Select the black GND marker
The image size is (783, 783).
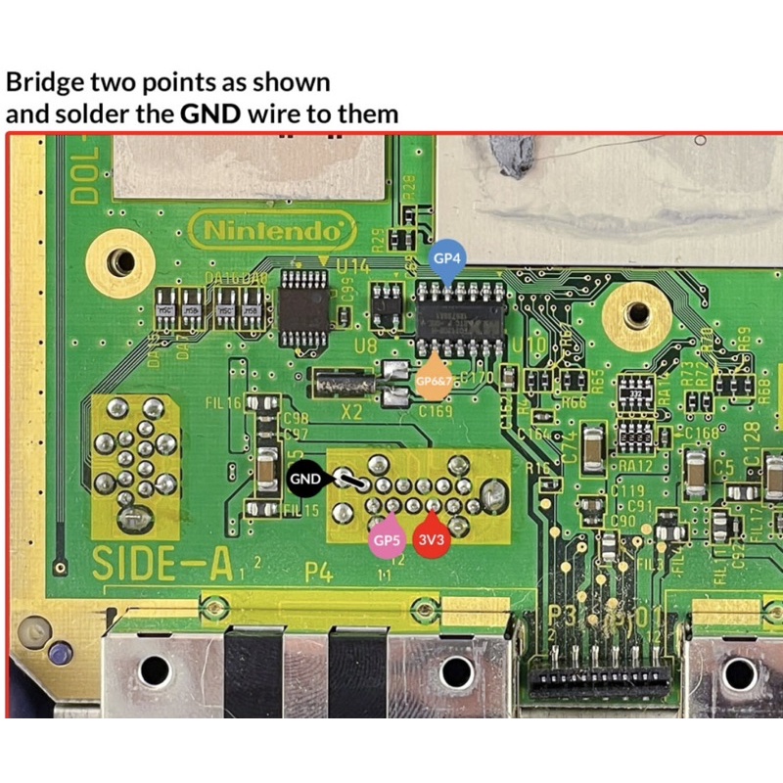point(305,479)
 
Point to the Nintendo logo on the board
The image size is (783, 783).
point(272,233)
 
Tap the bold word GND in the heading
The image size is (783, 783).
point(211,114)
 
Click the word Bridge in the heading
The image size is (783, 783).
point(45,81)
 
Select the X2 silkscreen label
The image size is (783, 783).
point(350,412)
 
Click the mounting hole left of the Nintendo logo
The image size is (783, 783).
point(121,260)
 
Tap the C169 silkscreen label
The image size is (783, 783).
point(435,413)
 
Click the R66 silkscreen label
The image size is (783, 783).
point(574,402)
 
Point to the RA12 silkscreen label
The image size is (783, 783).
point(636,465)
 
